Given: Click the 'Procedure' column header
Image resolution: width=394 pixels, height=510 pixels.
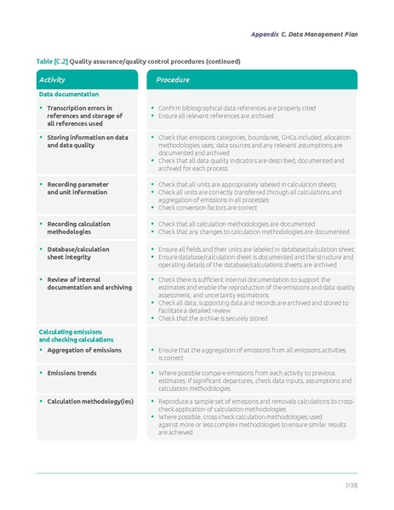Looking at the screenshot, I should pyautogui.click(x=173, y=79).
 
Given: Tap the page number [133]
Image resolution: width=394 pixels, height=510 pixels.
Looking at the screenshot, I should pyautogui.click(x=351, y=484).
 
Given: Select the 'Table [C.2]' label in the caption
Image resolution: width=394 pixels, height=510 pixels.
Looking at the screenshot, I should pyautogui.click(x=52, y=61).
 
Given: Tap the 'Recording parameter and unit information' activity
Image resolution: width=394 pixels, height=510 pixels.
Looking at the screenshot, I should pyautogui.click(x=77, y=187).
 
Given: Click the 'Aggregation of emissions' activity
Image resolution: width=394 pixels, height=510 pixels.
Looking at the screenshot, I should pyautogui.click(x=83, y=350).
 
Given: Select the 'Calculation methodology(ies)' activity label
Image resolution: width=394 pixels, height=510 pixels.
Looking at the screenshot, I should pyautogui.click(x=89, y=400).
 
